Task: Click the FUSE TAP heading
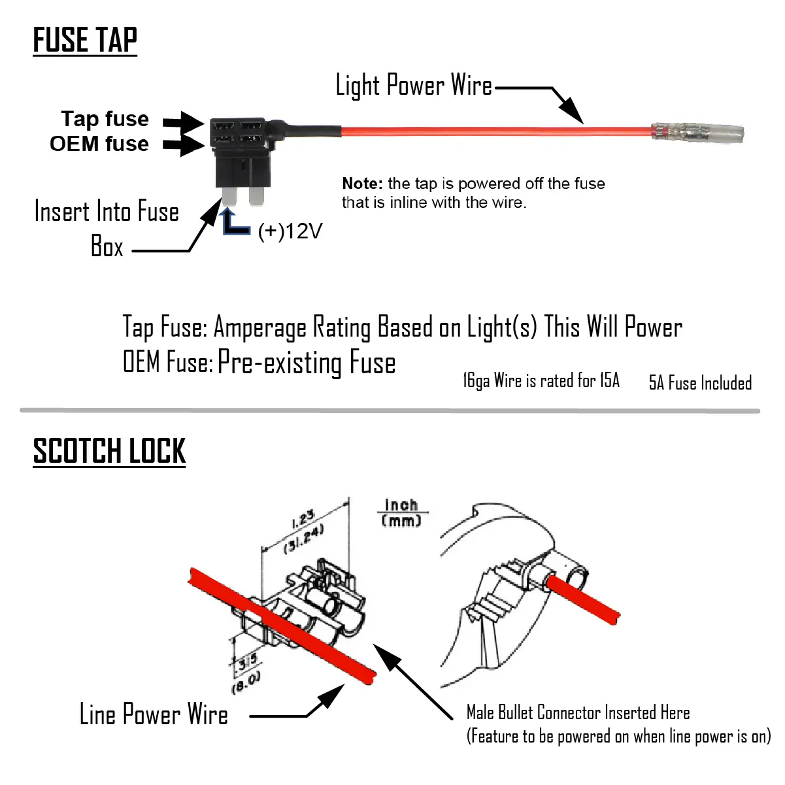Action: tap(85, 40)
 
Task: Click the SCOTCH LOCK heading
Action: tap(109, 451)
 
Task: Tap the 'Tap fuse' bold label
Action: tap(105, 119)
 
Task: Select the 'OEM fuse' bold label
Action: tap(99, 144)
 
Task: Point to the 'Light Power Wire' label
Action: tap(414, 86)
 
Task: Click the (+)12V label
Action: tap(290, 231)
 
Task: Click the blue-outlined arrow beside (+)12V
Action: tap(233, 222)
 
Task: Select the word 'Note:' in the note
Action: tap(362, 184)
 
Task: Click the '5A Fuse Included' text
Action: tap(700, 382)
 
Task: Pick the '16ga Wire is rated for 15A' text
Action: tap(541, 380)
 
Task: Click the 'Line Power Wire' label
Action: tap(154, 714)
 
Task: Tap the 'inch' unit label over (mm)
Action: tap(401, 505)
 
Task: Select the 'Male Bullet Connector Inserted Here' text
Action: tap(578, 712)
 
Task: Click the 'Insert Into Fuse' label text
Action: tap(107, 212)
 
